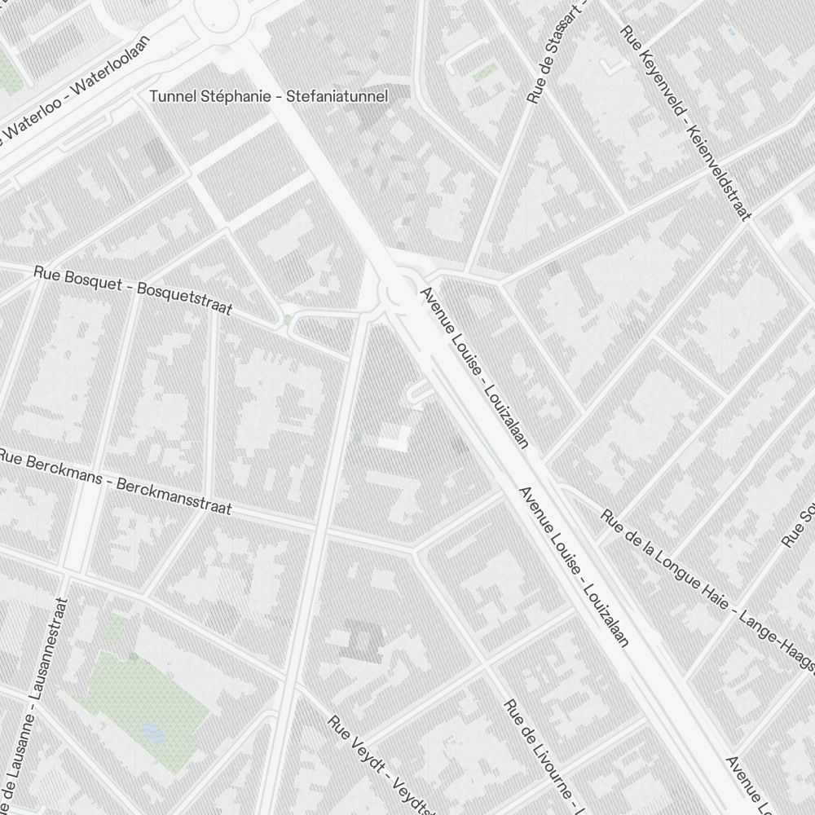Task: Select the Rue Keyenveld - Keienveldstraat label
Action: click(x=685, y=122)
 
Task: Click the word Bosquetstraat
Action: click(x=185, y=298)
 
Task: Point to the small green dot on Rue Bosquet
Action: click(x=288, y=319)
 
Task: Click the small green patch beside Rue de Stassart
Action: click(x=486, y=72)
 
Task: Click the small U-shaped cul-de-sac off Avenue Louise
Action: click(x=418, y=394)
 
